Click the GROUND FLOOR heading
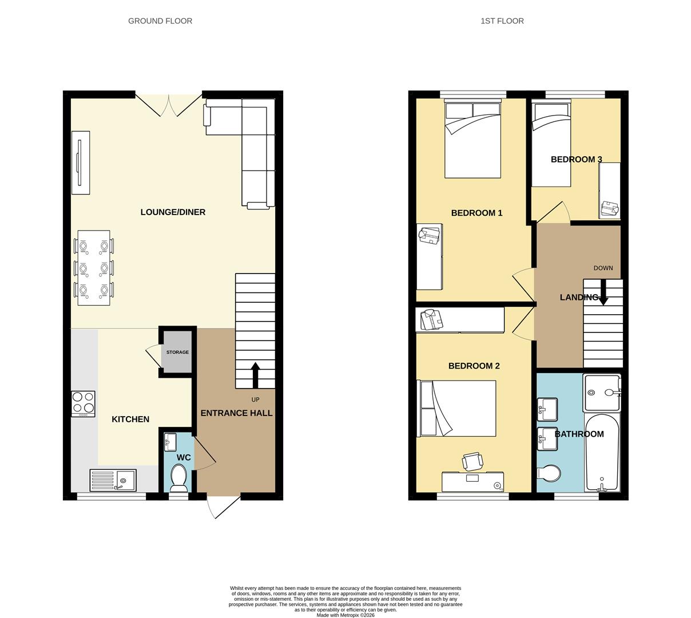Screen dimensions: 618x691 [160, 21]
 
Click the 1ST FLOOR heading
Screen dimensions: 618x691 [502, 21]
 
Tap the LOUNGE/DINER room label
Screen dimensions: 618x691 [173, 212]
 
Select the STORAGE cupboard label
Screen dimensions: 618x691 [177, 352]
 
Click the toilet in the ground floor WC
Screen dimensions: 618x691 [179, 477]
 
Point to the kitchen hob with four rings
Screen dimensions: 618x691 [83, 403]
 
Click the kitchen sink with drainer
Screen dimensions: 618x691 [113, 480]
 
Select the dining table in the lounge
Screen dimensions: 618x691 [94, 268]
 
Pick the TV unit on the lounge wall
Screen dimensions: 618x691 [80, 163]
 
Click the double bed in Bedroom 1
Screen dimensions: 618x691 [472, 140]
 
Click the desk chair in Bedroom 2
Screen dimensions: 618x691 [472, 461]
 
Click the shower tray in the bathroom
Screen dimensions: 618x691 [602, 393]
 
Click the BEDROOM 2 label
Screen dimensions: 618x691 [474, 366]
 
